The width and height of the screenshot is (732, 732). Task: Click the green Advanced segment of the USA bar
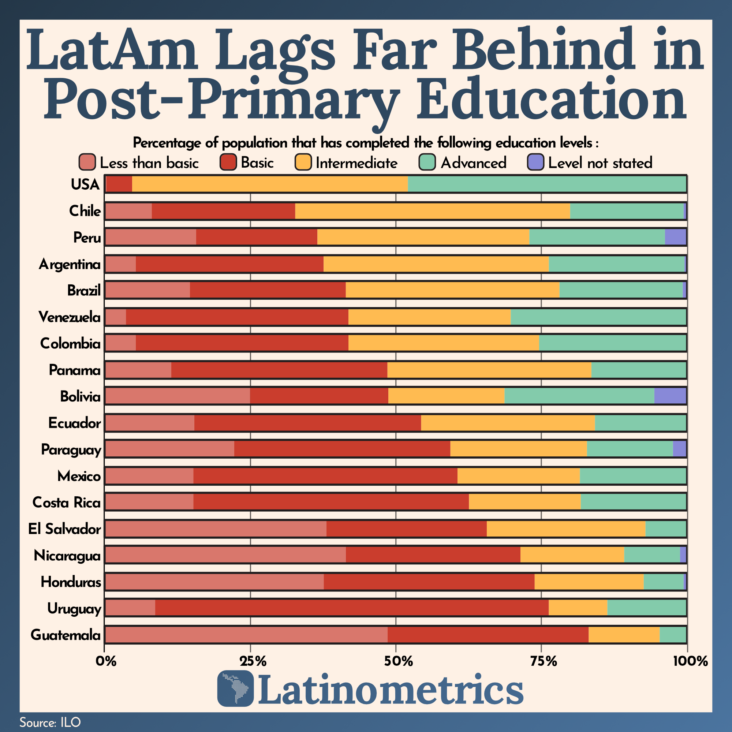point(547,184)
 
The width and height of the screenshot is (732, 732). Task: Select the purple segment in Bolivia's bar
point(670,396)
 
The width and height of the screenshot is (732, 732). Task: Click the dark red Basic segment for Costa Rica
point(331,502)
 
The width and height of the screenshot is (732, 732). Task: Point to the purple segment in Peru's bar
point(675,237)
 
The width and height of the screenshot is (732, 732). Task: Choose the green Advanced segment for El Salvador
point(666,529)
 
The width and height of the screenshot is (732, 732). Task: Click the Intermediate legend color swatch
point(303,163)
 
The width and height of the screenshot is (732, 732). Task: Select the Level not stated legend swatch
point(536,163)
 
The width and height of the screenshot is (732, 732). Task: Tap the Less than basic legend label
point(149,163)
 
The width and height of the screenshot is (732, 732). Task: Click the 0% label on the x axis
point(105,661)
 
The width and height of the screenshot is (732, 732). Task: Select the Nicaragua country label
point(67,556)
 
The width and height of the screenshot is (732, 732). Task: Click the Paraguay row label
point(71,450)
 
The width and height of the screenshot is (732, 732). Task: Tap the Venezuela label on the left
point(70,317)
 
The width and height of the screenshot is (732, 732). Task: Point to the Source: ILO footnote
point(50,722)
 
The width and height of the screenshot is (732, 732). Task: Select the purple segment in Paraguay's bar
point(679,449)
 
